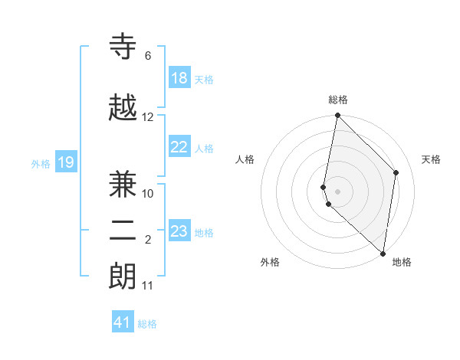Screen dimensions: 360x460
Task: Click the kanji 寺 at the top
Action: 124,47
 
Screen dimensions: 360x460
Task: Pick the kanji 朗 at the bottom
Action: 124,277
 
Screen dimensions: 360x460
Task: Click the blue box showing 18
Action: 179,78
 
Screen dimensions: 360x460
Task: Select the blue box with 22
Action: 179,147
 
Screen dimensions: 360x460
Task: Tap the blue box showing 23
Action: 179,231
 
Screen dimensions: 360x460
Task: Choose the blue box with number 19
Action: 66,162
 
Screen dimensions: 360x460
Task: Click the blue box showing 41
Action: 123,322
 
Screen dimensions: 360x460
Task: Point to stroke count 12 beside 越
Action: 148,117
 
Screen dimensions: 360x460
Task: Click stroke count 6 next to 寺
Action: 147,56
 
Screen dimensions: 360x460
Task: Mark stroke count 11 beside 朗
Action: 147,286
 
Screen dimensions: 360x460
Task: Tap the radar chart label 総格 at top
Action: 338,100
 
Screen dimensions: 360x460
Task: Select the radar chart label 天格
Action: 431,159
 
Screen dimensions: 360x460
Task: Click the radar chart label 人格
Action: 245,159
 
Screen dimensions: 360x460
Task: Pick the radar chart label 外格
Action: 270,262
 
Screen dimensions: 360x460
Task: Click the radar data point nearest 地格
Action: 383,254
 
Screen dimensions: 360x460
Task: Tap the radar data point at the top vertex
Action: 337,116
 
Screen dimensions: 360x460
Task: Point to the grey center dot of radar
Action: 337,191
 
